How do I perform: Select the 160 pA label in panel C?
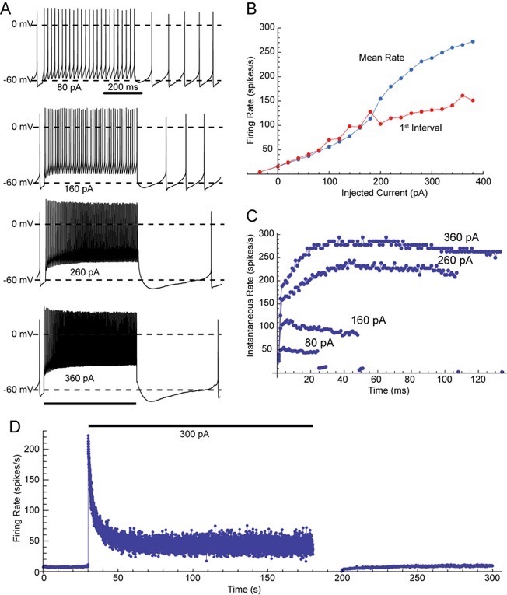coord(367,319)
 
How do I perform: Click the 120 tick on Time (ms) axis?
coord(485,382)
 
